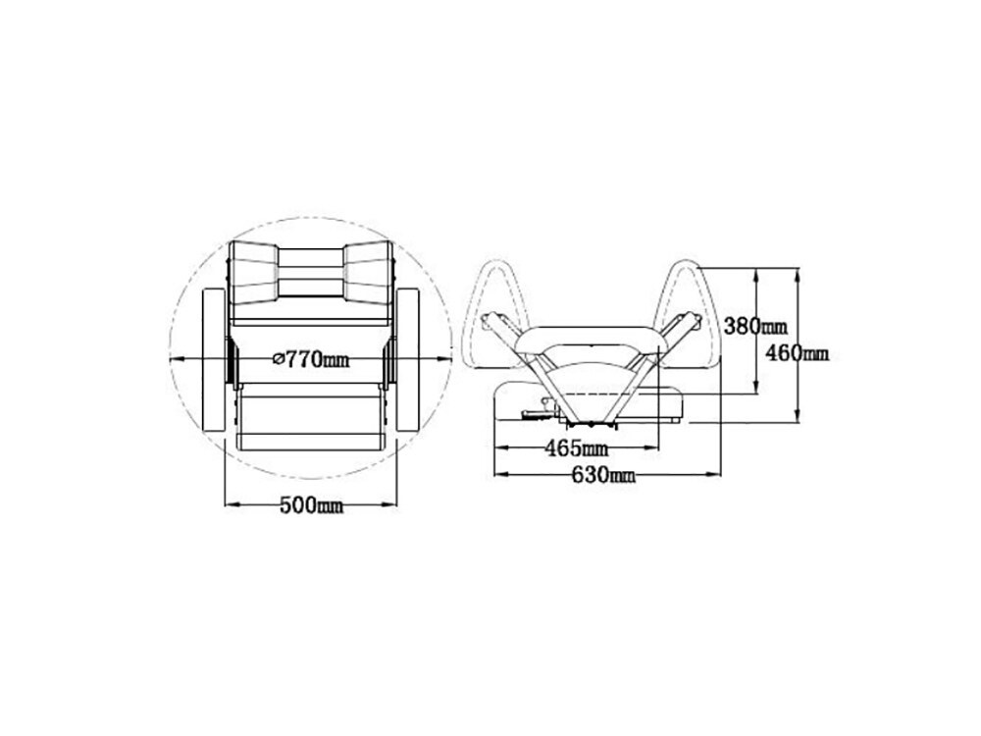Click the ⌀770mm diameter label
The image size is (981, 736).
coord(312,359)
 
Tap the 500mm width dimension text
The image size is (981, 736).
coord(311,505)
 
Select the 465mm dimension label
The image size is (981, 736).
coord(576,448)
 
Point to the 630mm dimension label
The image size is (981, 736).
coord(603,476)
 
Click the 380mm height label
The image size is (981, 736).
coord(755,326)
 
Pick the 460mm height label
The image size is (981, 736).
coord(798,353)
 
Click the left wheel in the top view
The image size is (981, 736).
coord(215,360)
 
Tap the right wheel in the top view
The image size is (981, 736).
coord(408,360)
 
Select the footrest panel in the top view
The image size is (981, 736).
coord(311,416)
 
